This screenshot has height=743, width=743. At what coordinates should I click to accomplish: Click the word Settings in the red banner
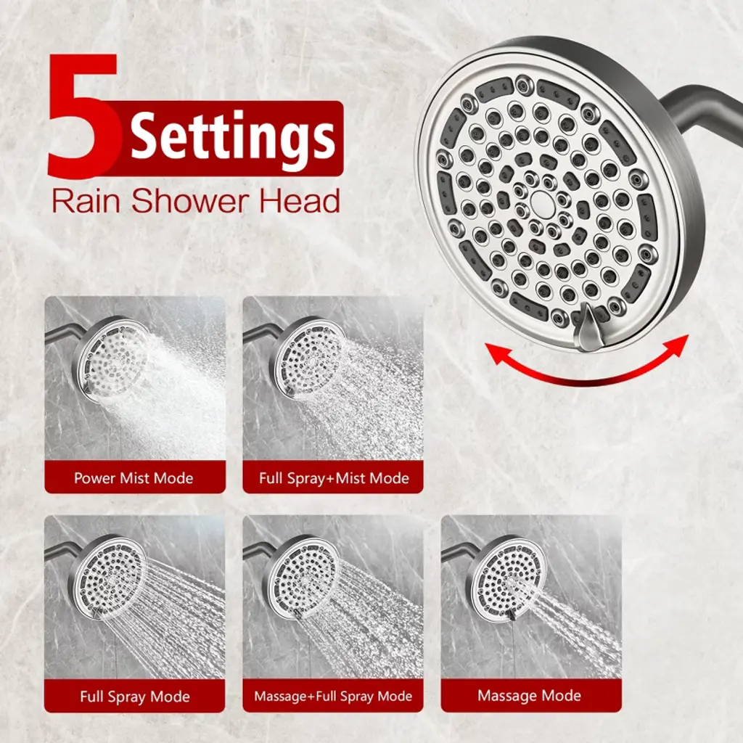tap(233, 136)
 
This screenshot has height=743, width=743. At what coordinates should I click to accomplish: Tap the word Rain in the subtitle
tap(86, 201)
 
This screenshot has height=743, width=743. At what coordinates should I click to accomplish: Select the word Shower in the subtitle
tap(189, 201)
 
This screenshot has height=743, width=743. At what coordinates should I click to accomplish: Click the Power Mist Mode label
tap(134, 477)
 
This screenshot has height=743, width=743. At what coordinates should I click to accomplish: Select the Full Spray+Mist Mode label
tap(334, 477)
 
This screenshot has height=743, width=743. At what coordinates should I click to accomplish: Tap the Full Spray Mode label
tap(135, 697)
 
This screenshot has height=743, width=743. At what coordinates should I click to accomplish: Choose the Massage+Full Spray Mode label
tap(333, 696)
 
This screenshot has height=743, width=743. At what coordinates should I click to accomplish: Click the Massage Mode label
tap(529, 695)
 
